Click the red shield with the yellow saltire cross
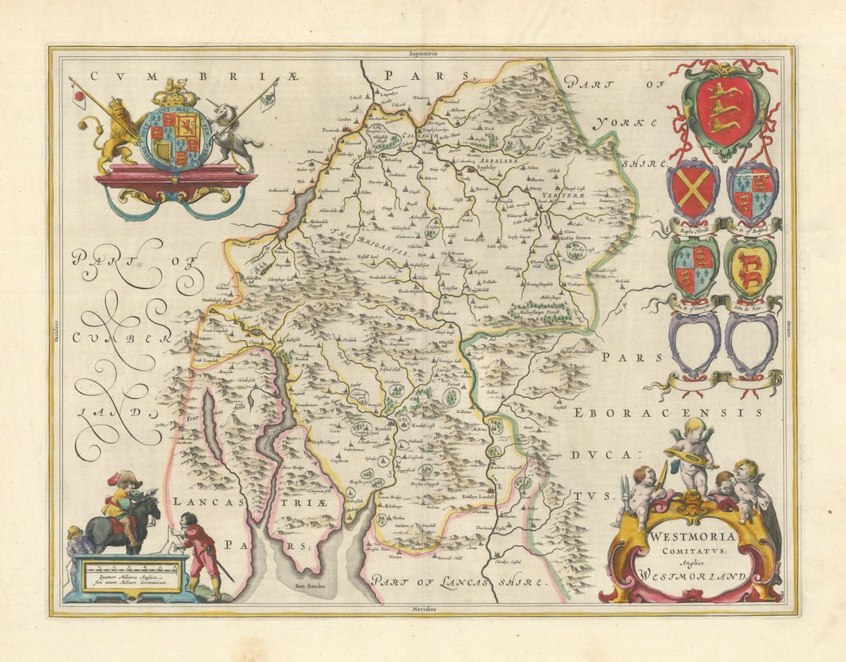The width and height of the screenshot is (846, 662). click(693, 190)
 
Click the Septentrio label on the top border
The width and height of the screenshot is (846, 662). click(423, 53)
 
